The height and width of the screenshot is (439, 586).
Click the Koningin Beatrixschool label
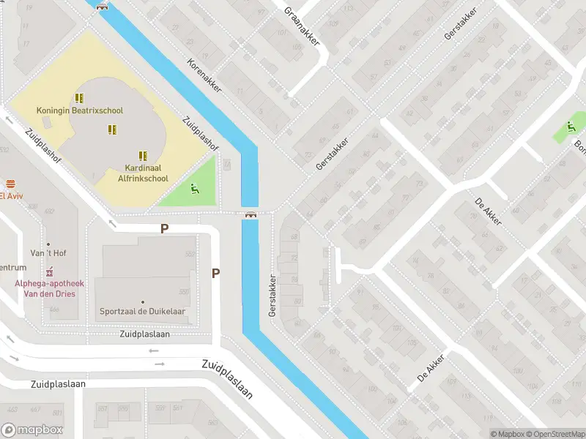[80, 110]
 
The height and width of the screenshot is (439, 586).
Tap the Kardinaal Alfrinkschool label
[142, 173]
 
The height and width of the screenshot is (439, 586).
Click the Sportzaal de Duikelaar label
[142, 311]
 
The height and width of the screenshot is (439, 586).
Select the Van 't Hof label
[49, 253]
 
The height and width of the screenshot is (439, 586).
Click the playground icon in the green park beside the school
[194, 190]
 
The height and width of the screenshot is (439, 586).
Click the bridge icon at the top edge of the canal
[102, 7]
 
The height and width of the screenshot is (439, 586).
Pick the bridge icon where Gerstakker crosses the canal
[251, 214]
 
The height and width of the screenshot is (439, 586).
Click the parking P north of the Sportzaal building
[165, 228]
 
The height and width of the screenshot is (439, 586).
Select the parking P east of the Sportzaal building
[215, 273]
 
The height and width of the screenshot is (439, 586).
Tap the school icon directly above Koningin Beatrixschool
[80, 97]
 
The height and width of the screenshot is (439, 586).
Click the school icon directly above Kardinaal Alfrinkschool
[143, 155]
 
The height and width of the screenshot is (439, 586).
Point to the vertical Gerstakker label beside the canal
[272, 295]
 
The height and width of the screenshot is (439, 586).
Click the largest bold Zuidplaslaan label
[227, 379]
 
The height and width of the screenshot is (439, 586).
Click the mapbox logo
[32, 430]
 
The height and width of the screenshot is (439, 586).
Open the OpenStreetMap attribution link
[555, 434]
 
